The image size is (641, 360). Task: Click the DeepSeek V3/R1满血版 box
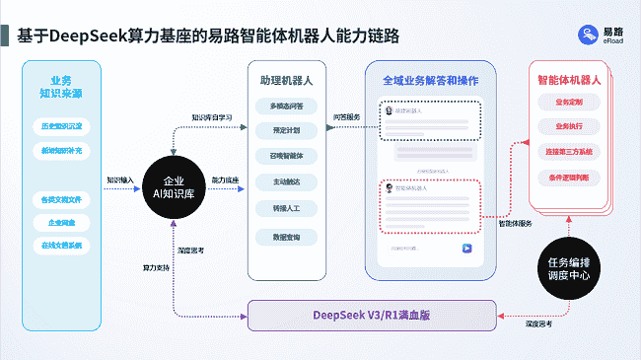click(371, 315)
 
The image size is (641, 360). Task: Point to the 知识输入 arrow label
click(120, 180)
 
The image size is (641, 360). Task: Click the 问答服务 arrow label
click(347, 116)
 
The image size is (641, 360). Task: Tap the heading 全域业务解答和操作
click(429, 79)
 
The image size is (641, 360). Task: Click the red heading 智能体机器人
click(569, 78)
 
